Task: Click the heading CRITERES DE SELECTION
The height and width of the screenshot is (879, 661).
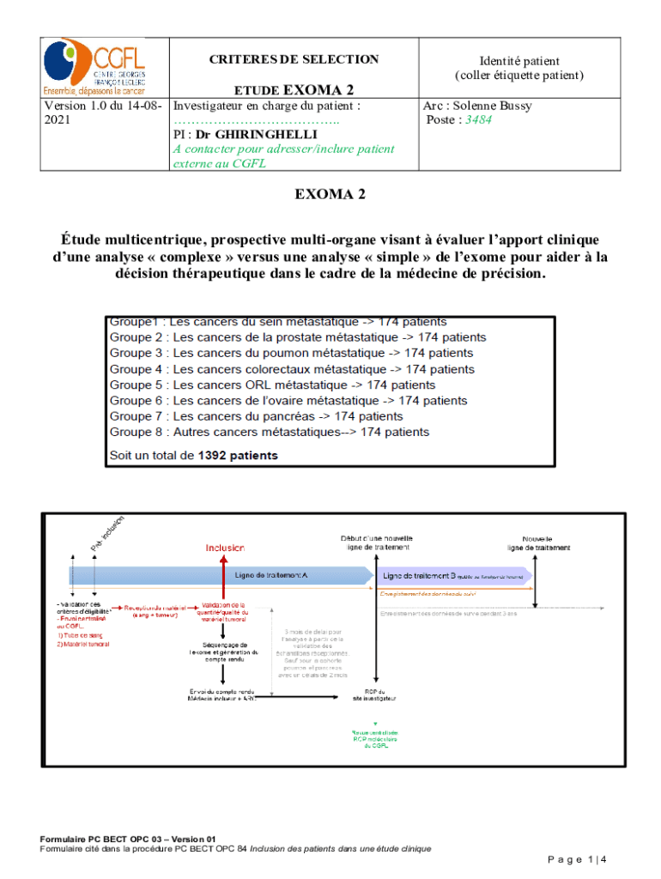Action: (x=294, y=59)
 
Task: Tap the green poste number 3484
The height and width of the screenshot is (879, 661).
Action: (x=478, y=120)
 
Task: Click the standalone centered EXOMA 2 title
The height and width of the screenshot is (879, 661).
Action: (x=330, y=195)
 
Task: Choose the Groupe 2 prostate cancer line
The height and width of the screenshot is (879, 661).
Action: (x=297, y=337)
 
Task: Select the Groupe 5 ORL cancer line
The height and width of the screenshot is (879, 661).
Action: (x=272, y=385)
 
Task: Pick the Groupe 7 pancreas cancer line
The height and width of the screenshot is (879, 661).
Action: (x=244, y=416)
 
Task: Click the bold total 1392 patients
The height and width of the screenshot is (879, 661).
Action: (x=238, y=456)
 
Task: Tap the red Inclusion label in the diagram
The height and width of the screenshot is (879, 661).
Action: (x=225, y=547)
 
